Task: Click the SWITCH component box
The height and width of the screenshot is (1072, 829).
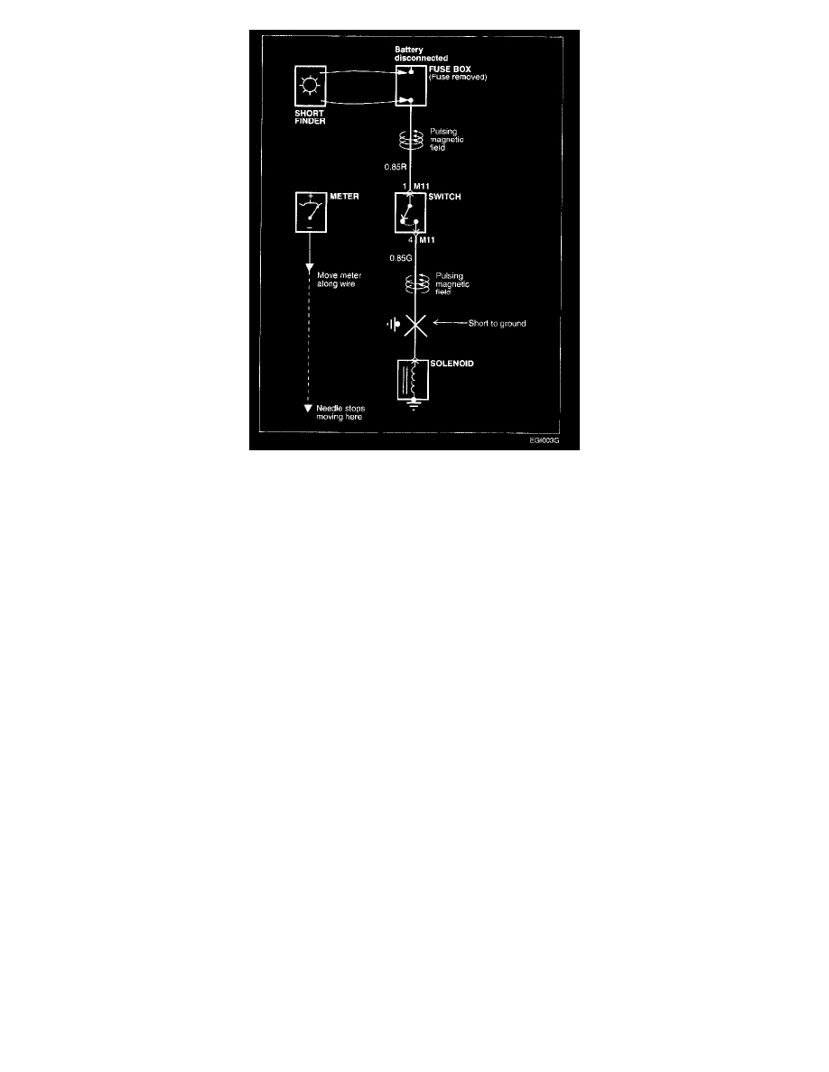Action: (412, 213)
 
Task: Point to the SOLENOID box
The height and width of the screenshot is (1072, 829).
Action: (413, 380)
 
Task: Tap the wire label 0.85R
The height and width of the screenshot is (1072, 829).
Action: (395, 166)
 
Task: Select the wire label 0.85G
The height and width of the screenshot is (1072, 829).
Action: (400, 258)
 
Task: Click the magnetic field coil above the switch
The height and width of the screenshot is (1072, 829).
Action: (411, 139)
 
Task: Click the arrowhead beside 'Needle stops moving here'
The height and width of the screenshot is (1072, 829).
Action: (309, 408)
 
